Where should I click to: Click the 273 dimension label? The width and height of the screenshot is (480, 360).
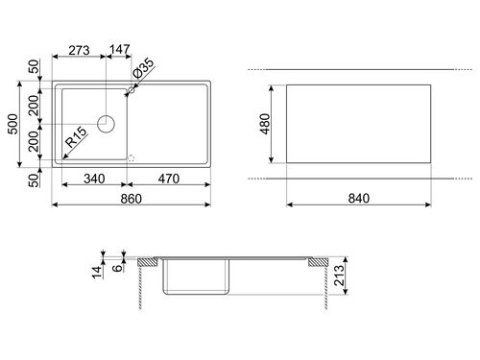pos(79,50)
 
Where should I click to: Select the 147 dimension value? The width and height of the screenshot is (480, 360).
pos(120,50)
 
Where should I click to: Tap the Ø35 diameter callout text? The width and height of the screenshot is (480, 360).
pos(143,68)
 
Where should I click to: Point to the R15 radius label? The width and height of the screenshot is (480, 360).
pos(76,137)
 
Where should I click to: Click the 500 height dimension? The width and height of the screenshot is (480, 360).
pos(13,124)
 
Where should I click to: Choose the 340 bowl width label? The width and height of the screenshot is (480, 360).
pos(94,179)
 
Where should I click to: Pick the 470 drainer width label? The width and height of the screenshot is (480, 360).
pos(169,179)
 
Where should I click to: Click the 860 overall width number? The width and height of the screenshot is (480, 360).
pos(132,199)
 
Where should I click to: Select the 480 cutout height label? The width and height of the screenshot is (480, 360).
pos(265,124)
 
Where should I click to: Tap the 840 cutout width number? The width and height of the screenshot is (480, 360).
pos(359,199)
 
